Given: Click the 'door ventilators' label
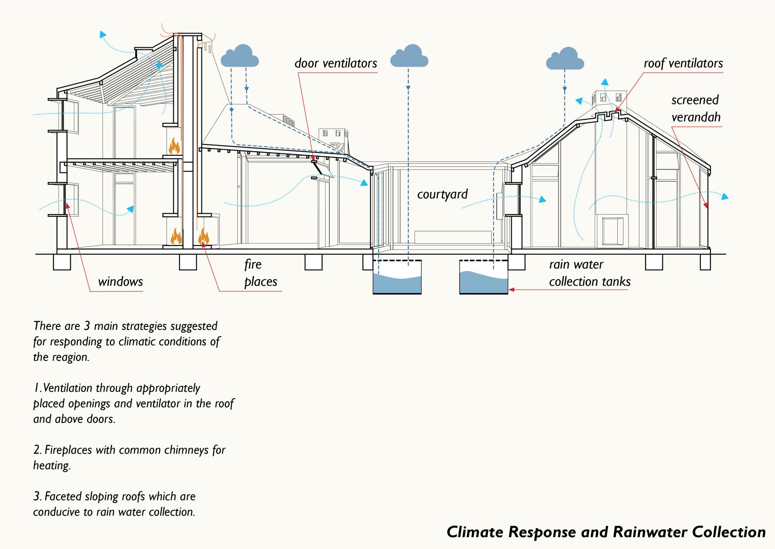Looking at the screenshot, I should click(336, 63).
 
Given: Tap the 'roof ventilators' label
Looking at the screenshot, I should click(683, 63).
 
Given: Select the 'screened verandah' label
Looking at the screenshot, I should click(695, 108).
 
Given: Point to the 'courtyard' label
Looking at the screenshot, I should click(442, 194).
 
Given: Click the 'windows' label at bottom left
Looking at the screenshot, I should click(120, 281).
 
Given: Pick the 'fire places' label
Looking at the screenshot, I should click(260, 273).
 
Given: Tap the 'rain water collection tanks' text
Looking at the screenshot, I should click(589, 273).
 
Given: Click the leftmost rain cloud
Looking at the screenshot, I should click(239, 56).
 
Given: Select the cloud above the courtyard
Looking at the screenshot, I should click(409, 56).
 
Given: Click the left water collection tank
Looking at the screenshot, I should click(397, 278).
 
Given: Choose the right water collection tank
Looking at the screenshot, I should click(483, 278).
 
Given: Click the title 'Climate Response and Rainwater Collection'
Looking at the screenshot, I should click(606, 532).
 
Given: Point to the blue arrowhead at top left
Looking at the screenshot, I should click(103, 35).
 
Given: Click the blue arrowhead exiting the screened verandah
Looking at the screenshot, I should click(725, 197).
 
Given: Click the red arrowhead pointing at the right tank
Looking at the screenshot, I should click(511, 290).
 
